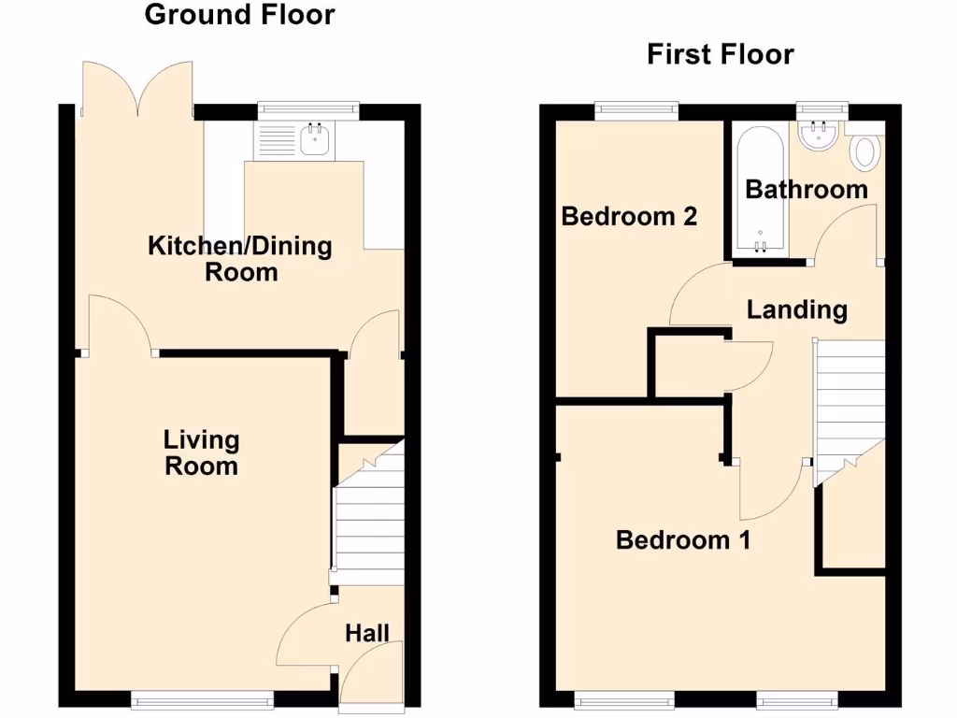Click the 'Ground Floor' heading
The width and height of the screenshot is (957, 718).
pos(239,15)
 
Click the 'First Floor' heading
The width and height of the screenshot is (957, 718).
pos(721,54)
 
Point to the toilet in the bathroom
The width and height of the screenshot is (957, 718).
pos(865,151)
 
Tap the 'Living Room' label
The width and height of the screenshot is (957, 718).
pos(201,452)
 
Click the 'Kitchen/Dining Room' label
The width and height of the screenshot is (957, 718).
pos(240,259)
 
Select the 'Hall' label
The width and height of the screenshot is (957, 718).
pos(367,633)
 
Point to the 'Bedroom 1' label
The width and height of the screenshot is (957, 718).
pos(683,539)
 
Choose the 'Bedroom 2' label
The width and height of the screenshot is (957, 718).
pos(629,217)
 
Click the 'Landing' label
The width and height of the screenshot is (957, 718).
pos(797,309)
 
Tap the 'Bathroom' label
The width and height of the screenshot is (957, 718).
pos(806,190)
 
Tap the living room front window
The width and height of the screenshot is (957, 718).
pos(202,697)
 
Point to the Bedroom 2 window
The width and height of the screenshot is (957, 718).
pos(636,109)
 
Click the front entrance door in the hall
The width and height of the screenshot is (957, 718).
pos(372,675)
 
